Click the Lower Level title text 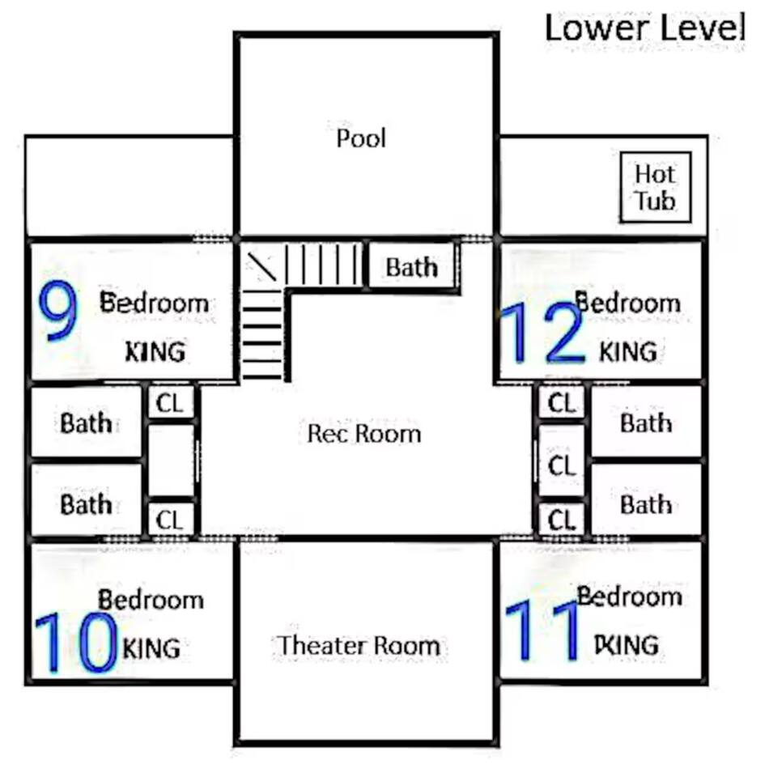(x=645, y=28)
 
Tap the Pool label (x=361, y=138)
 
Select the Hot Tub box (x=656, y=187)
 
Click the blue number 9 (x=58, y=310)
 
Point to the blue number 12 (x=542, y=333)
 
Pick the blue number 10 (x=76, y=643)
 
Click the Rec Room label (x=364, y=434)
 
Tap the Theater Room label (x=359, y=646)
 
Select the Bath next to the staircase (x=412, y=268)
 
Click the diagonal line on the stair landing (x=262, y=266)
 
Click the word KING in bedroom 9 (x=155, y=352)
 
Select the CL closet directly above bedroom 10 (x=170, y=520)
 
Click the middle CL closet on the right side (x=562, y=465)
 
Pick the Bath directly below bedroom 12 (x=646, y=422)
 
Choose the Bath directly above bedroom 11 (x=646, y=504)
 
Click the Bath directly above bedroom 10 (x=87, y=504)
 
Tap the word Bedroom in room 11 (x=629, y=597)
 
